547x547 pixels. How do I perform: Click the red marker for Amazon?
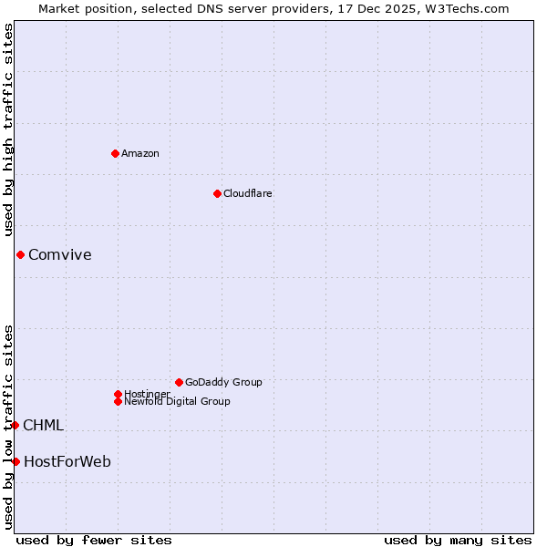tap(115, 153)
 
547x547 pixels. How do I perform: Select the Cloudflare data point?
tap(217, 193)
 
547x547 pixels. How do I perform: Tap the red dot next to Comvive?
tap(20, 254)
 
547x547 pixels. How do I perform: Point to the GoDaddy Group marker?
tap(179, 382)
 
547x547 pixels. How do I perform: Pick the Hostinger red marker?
tap(118, 394)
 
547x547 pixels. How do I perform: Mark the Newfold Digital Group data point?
tap(118, 401)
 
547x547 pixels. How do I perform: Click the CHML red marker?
tap(15, 425)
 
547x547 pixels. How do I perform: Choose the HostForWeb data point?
tap(15, 461)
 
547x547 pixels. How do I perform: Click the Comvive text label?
tap(60, 255)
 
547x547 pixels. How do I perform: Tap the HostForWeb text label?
tap(67, 462)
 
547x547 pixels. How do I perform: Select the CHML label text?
tap(43, 426)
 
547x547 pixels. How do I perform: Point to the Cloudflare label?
tap(248, 193)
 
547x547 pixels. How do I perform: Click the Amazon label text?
tap(140, 153)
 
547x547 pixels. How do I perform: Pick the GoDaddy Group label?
tap(223, 382)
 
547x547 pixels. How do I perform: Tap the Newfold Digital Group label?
tap(177, 402)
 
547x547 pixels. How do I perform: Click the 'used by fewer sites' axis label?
tap(94, 540)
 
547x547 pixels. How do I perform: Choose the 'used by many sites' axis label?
tap(458, 540)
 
